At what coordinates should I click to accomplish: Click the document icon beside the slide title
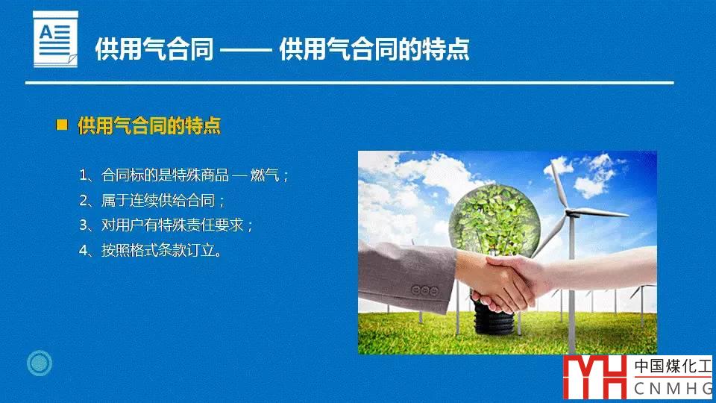pyautogui.click(x=55, y=40)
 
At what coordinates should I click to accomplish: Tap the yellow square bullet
pyautogui.click(x=62, y=125)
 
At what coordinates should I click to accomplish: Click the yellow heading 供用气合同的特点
pyautogui.click(x=149, y=125)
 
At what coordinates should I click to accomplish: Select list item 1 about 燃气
pyautogui.click(x=184, y=175)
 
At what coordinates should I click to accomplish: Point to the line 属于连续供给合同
pyautogui.click(x=152, y=200)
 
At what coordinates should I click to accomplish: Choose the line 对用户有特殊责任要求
pyautogui.click(x=166, y=225)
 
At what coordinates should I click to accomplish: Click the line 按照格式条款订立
pyautogui.click(x=150, y=250)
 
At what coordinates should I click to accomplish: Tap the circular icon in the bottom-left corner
pyautogui.click(x=40, y=363)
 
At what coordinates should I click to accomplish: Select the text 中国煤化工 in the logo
pyautogui.click(x=673, y=366)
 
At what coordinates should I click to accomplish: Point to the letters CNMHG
pyautogui.click(x=673, y=389)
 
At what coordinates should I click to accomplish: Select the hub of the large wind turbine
pyautogui.click(x=569, y=213)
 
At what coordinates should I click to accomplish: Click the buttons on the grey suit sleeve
pyautogui.click(x=424, y=290)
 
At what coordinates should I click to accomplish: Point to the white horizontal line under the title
pyautogui.click(x=349, y=83)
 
